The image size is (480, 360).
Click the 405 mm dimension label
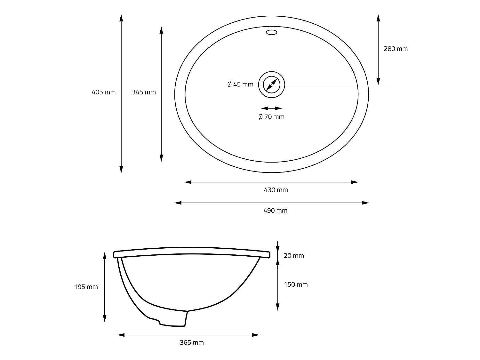(x=103, y=92)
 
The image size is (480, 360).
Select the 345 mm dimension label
(x=144, y=92)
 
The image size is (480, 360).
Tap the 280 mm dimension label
(x=396, y=49)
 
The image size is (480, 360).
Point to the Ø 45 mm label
(x=240, y=84)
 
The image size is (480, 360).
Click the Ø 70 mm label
(x=271, y=117)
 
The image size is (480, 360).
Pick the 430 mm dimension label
(x=276, y=190)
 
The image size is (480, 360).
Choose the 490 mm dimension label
(x=276, y=211)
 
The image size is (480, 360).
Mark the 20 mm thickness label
(x=294, y=256)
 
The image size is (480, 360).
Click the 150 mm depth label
(x=296, y=284)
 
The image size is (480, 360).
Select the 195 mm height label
(x=86, y=287)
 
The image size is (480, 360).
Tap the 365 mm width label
(x=192, y=343)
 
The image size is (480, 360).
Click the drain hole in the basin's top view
(x=271, y=85)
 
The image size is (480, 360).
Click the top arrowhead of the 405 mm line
(x=121, y=18)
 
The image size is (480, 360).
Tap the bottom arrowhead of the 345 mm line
(x=161, y=158)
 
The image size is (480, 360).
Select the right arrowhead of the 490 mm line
(x=365, y=203)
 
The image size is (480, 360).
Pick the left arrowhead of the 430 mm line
(x=188, y=182)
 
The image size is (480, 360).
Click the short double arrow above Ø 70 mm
(x=271, y=108)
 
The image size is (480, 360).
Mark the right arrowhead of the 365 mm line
(x=256, y=335)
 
